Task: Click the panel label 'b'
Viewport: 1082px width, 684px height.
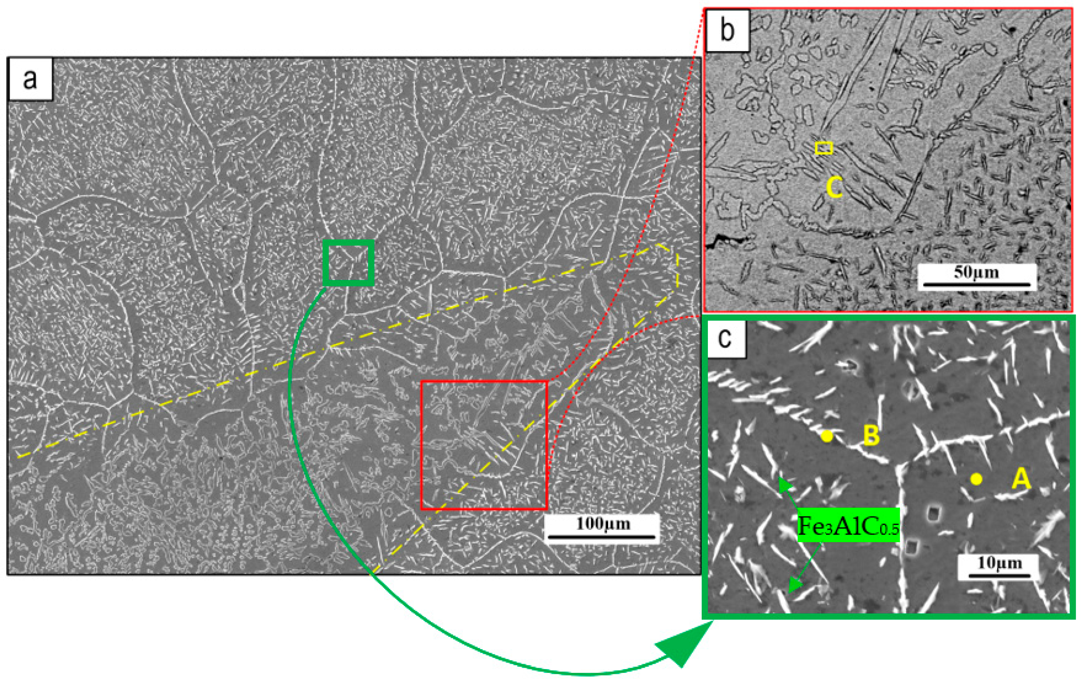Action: click(x=727, y=30)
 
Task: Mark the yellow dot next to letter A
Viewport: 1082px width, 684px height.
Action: click(x=976, y=479)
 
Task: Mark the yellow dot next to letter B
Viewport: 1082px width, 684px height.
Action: click(x=827, y=436)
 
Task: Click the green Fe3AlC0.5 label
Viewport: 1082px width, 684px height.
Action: click(x=848, y=525)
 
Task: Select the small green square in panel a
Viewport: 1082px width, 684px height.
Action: click(x=349, y=263)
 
